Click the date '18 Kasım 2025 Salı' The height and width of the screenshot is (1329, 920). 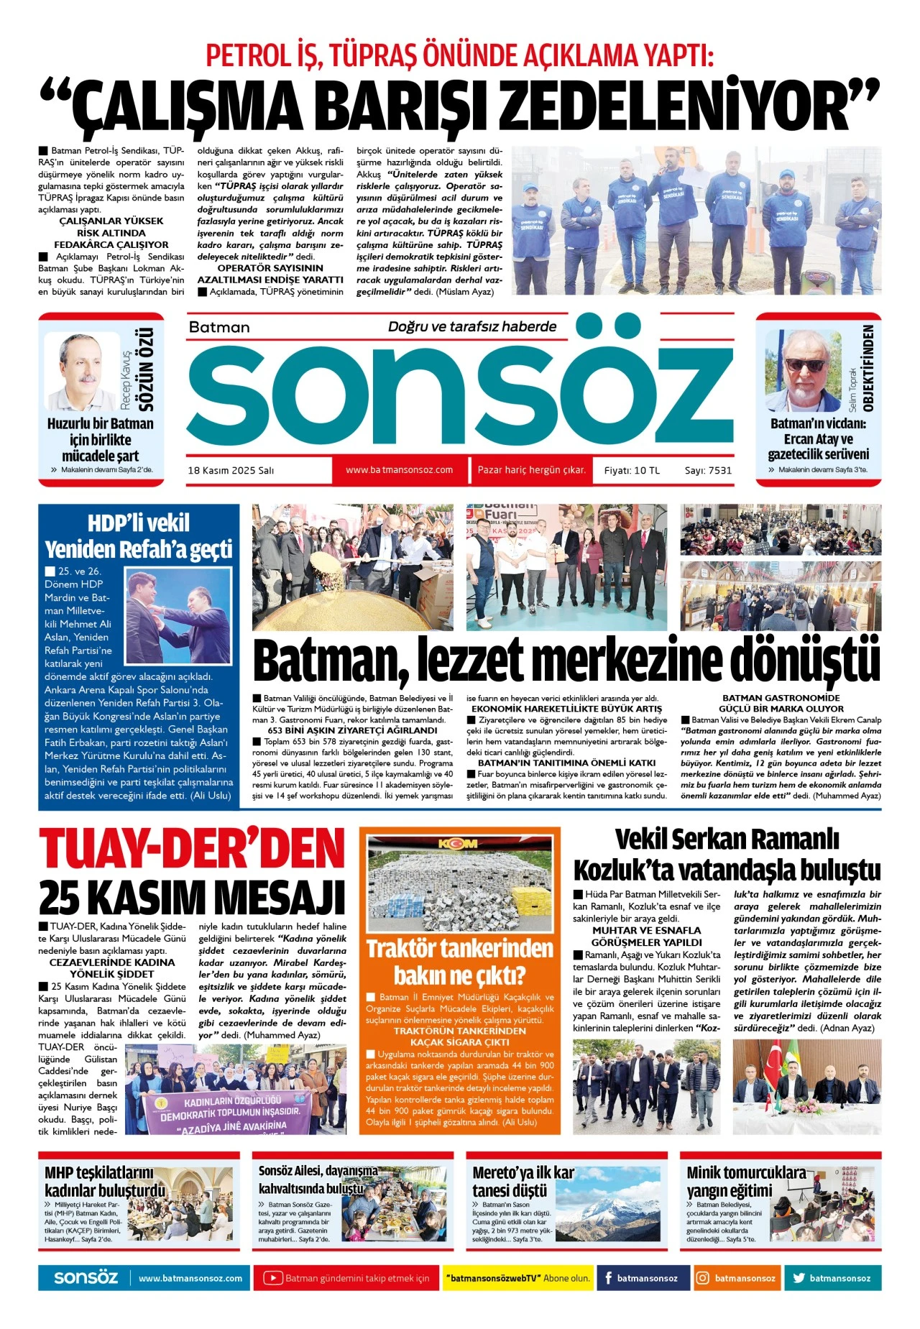pos(231,470)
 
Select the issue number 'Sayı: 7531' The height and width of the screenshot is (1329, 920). pos(708,470)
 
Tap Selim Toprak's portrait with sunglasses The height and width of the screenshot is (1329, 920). pos(803,370)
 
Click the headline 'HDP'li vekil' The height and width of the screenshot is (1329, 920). pos(138,523)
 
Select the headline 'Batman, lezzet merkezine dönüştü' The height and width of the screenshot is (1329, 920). pos(566,660)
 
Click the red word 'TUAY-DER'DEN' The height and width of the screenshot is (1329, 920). pos(192,848)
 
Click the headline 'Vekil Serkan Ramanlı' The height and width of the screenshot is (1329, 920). pos(727,839)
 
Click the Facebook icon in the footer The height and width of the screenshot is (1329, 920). pos(608,1278)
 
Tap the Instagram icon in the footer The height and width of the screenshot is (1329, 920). pos(702,1278)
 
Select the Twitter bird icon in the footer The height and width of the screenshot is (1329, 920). pos(799,1278)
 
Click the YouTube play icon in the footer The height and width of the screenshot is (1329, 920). pos(272,1278)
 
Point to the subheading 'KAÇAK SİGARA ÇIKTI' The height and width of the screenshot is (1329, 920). pos(459,1041)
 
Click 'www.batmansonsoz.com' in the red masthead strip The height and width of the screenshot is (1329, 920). pos(399,470)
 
